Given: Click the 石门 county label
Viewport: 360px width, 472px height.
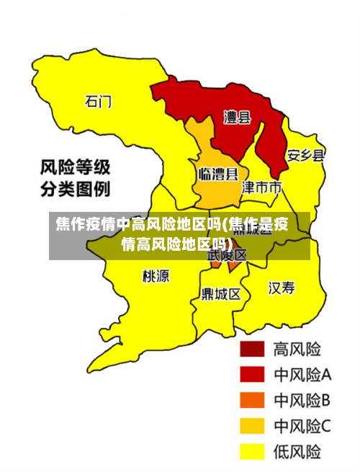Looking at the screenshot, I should [99, 101].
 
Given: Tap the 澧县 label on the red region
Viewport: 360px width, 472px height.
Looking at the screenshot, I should [237, 117].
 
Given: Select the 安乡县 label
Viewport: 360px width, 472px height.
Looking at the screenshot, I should [306, 156].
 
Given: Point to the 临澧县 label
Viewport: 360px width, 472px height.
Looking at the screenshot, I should [218, 174].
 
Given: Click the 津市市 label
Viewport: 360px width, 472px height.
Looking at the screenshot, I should [261, 188].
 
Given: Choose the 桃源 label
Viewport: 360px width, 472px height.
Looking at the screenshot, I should [156, 275].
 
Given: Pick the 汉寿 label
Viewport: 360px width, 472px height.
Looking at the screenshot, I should [282, 288].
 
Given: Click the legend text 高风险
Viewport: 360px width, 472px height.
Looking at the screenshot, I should [297, 349].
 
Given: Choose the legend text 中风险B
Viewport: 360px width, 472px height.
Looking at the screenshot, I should [302, 401].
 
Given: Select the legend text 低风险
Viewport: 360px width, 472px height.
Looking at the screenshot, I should [297, 452].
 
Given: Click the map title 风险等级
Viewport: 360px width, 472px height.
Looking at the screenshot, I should [74, 169].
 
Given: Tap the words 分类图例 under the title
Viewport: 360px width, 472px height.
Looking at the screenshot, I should [74, 190].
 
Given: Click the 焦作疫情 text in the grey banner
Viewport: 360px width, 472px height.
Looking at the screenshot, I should [86, 224].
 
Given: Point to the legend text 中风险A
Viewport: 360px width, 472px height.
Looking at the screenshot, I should [302, 375].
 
